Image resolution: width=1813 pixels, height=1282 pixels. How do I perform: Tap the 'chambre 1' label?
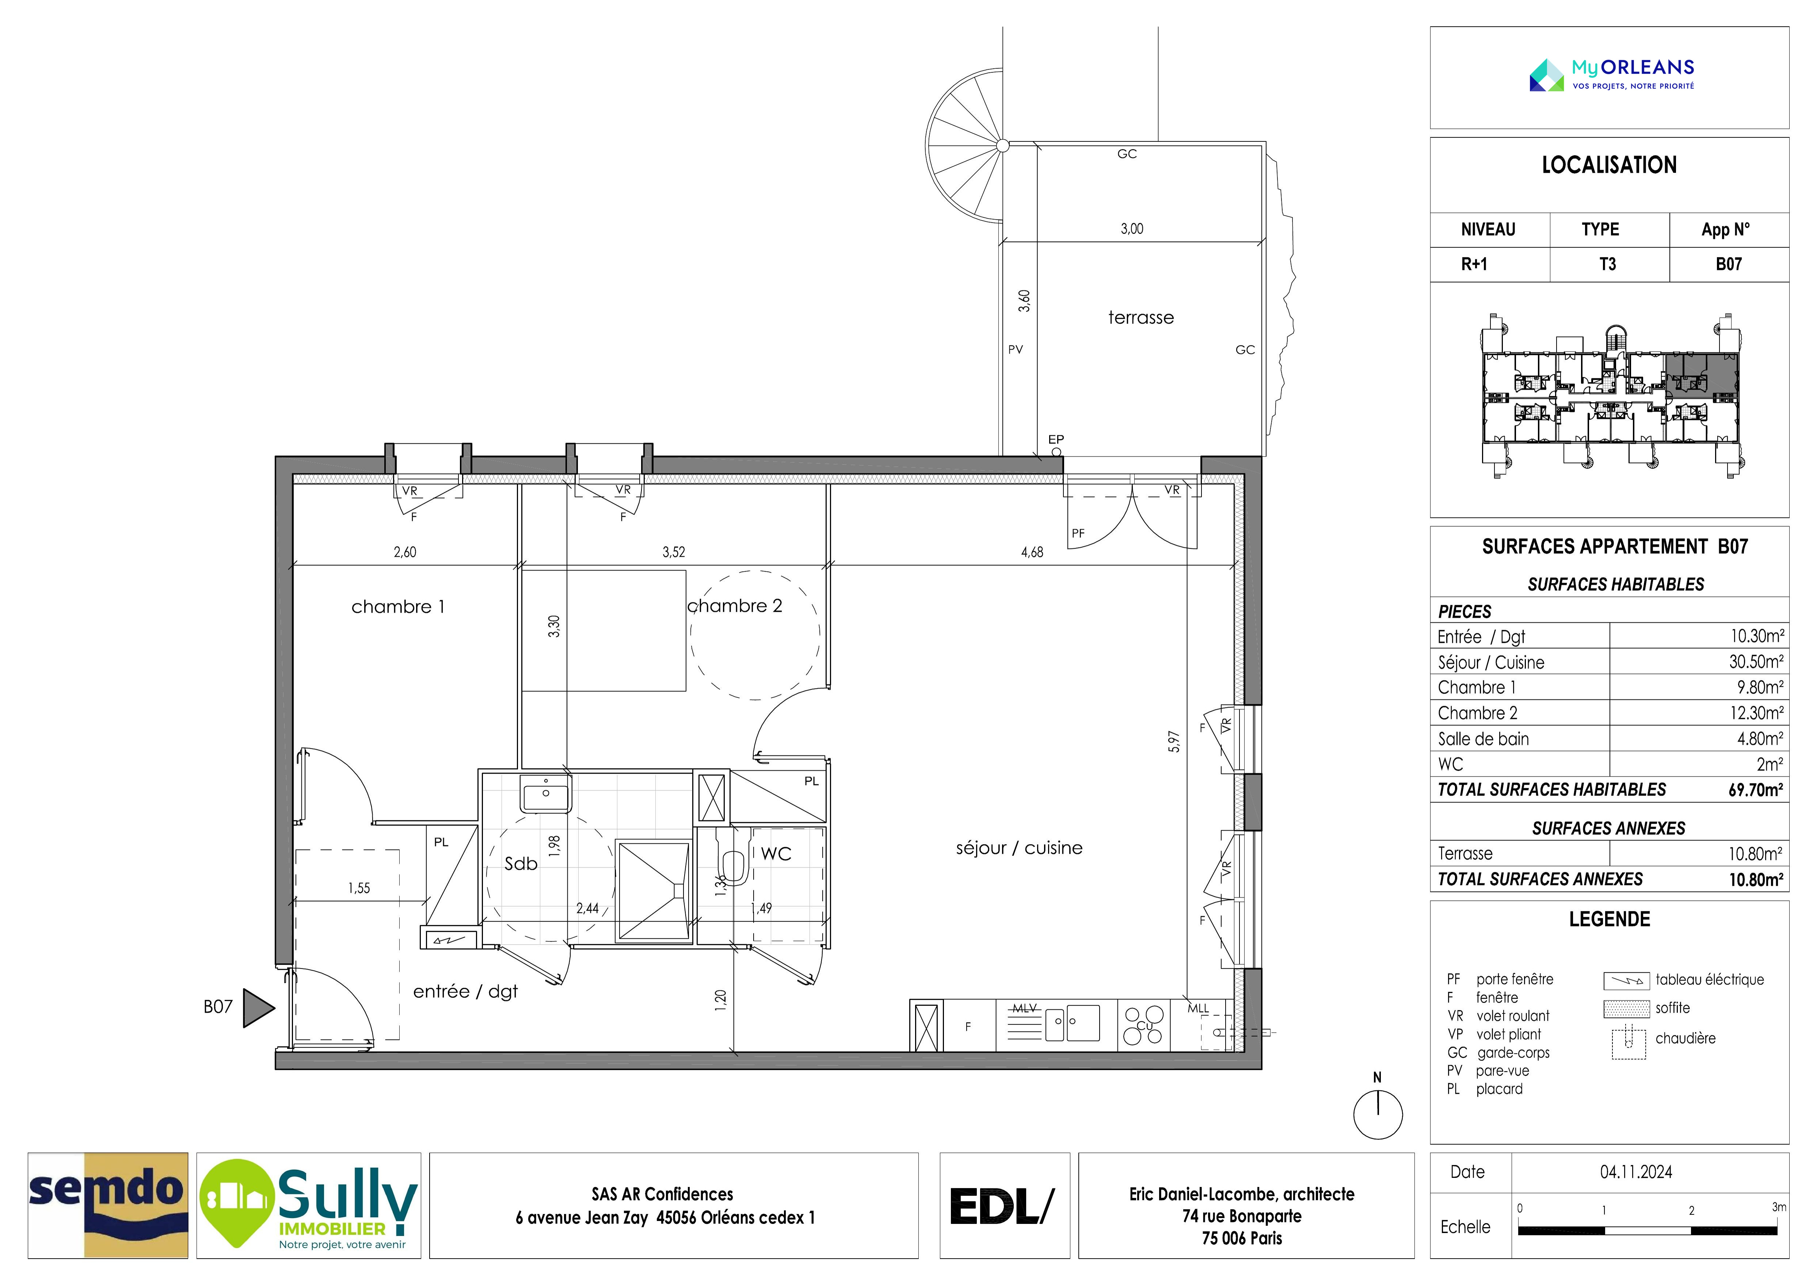[398, 607]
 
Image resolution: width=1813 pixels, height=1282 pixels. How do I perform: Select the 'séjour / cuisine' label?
[1018, 847]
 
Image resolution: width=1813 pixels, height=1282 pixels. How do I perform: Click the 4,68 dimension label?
[1032, 552]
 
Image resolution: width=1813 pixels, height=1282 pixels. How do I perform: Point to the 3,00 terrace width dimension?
[1132, 229]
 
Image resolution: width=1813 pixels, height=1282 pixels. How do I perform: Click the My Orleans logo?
[1612, 75]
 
